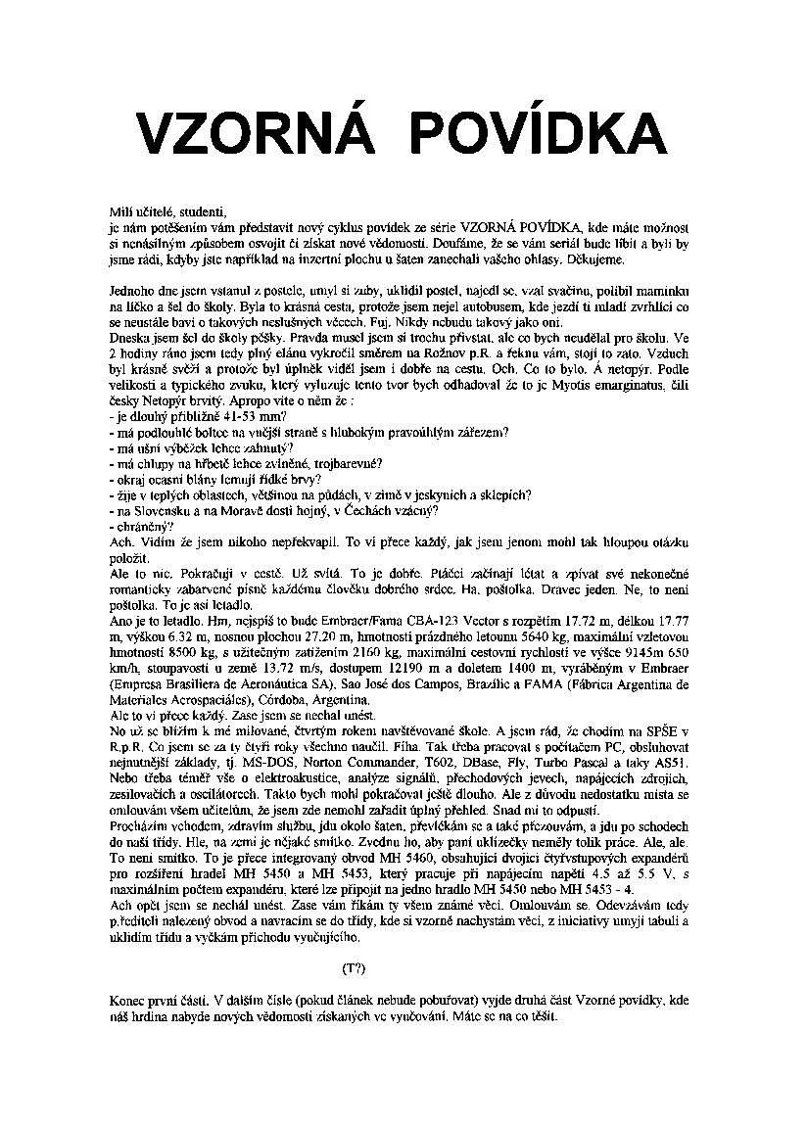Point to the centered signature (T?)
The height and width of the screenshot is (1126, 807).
(x=354, y=968)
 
